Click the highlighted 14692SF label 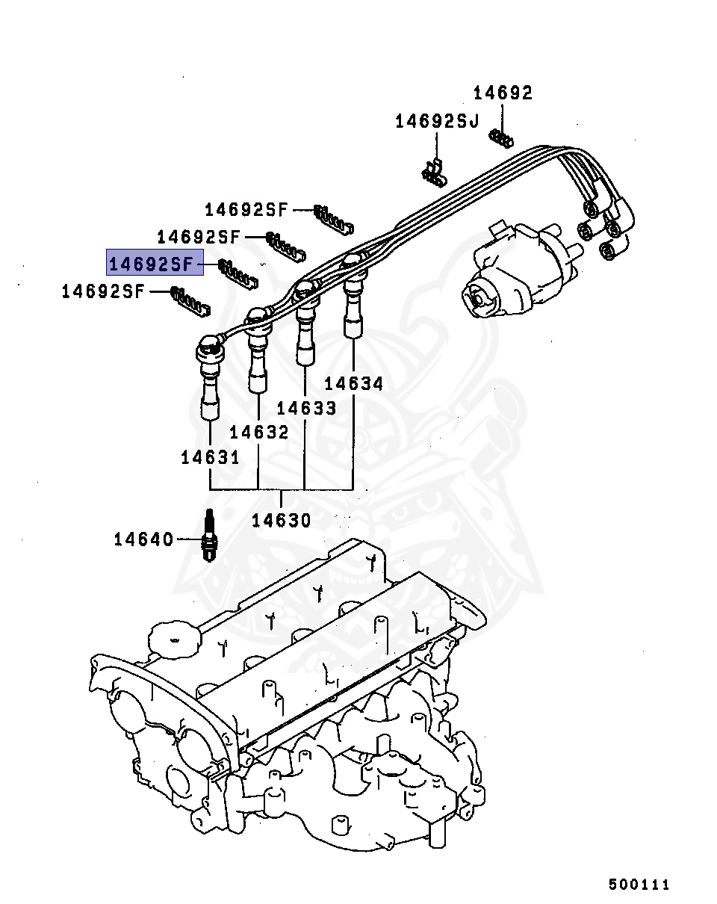point(155,263)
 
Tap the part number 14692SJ point(437,121)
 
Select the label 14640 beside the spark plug point(143,539)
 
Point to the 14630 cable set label point(281,520)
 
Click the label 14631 point(210,457)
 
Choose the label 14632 point(258,432)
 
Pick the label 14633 point(306,408)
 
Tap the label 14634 point(353,383)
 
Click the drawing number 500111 point(639,885)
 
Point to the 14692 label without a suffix point(503,93)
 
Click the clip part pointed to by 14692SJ point(432,173)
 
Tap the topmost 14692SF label point(246,210)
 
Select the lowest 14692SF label point(102,291)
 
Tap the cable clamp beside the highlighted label point(238,272)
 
